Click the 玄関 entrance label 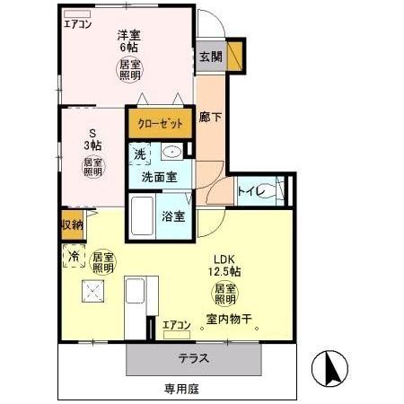pyautogui.click(x=210, y=57)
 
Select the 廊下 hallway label pyautogui.click(x=210, y=116)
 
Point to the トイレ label pyautogui.click(x=249, y=189)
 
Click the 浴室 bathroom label pyautogui.click(x=173, y=215)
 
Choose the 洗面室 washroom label pyautogui.click(x=159, y=177)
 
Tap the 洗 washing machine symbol pyautogui.click(x=139, y=154)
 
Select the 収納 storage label pyautogui.click(x=72, y=224)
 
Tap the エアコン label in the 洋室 pyautogui.click(x=78, y=24)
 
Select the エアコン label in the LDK pyautogui.click(x=176, y=324)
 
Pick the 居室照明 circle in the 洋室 pyautogui.click(x=131, y=69)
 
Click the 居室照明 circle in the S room pyautogui.click(x=93, y=166)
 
